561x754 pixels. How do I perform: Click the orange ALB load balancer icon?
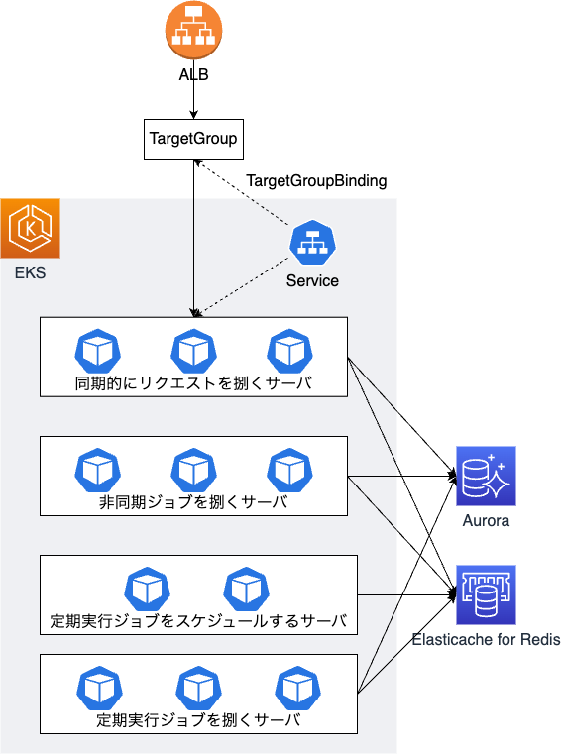click(x=193, y=30)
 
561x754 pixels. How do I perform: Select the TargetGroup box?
click(x=193, y=139)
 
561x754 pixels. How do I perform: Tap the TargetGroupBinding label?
click(x=316, y=181)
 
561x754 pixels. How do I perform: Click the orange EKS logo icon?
click(x=31, y=229)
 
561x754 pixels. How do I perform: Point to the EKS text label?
click(x=30, y=272)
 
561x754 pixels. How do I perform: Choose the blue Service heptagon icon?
click(x=313, y=243)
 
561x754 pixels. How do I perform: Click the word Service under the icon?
click(x=312, y=280)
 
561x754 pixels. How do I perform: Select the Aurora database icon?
click(x=486, y=476)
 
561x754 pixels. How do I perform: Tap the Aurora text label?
click(x=486, y=521)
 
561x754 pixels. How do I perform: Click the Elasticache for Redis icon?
click(x=486, y=594)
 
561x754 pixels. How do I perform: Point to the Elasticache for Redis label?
click(x=486, y=639)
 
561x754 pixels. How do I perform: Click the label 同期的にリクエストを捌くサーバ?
click(x=193, y=383)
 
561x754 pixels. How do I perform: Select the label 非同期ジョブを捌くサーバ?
click(x=193, y=502)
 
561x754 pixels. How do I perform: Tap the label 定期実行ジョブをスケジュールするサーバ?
click(x=198, y=621)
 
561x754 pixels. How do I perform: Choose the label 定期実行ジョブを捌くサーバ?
click(x=198, y=720)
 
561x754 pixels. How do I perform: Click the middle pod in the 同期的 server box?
click(x=194, y=351)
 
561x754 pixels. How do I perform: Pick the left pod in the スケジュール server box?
click(x=148, y=590)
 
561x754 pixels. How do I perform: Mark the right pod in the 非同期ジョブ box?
click(x=290, y=471)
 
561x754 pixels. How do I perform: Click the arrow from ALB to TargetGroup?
click(x=194, y=89)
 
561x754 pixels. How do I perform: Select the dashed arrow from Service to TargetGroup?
click(x=242, y=192)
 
